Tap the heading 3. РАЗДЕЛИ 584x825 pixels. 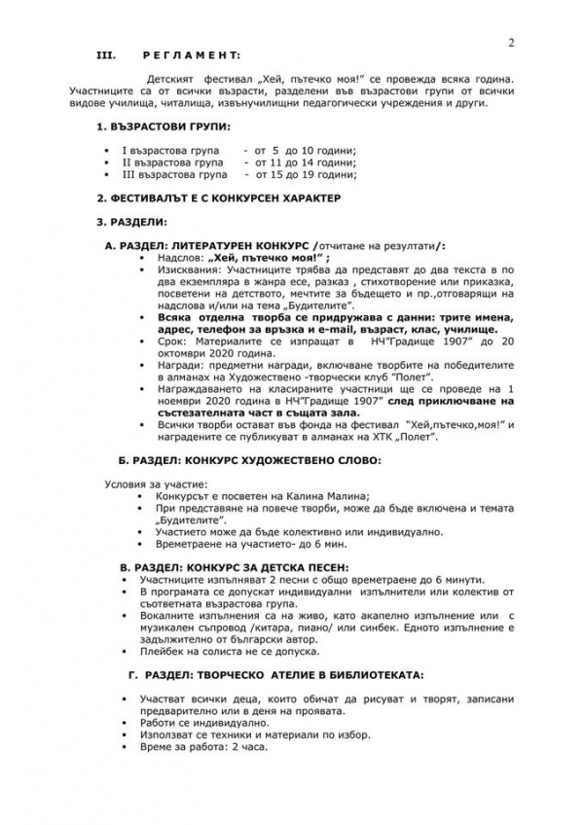[132, 223]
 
